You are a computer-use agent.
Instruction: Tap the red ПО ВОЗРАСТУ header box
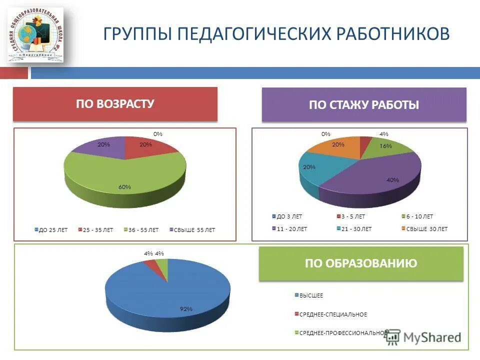pyautogui.click(x=115, y=104)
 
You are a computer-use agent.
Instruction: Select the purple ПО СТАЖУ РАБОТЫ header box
pyautogui.click(x=364, y=105)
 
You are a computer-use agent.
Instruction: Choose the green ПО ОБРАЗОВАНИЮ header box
pyautogui.click(x=361, y=263)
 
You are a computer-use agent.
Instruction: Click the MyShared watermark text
pyautogui.click(x=432, y=337)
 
